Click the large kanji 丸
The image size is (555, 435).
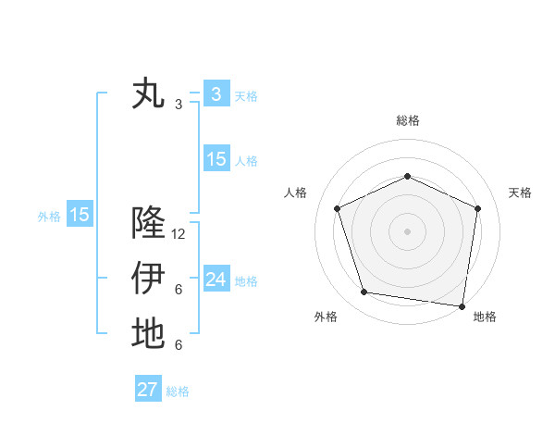click(148, 94)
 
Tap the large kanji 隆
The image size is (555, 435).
click(148, 223)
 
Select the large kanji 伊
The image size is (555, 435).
click(148, 278)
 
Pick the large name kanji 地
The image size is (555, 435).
click(148, 333)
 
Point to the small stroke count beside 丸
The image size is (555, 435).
click(179, 105)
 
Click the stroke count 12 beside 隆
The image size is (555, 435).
click(179, 234)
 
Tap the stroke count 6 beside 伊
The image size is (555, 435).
click(179, 290)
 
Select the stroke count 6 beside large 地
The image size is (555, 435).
click(179, 345)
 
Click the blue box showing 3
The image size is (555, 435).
click(216, 93)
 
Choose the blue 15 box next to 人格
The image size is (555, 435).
click(216, 159)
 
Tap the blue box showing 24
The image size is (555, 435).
click(216, 280)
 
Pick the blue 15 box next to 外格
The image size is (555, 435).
click(80, 215)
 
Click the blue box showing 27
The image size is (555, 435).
click(148, 390)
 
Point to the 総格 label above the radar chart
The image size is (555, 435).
click(408, 120)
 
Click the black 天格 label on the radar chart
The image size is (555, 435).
click(521, 193)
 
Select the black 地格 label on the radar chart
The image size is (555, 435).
click(485, 317)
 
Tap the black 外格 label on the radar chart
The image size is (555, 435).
click(326, 317)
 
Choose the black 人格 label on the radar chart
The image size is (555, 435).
click(295, 193)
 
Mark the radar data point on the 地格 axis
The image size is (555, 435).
click(462, 305)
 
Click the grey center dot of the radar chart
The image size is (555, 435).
click(407, 230)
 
